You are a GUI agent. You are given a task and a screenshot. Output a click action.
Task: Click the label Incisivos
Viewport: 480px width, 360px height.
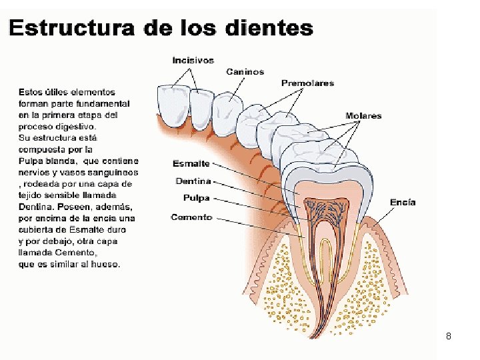(x=193, y=60)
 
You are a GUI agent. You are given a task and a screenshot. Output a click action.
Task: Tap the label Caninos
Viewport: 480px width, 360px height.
(x=245, y=71)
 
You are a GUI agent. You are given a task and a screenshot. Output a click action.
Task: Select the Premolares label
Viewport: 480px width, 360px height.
(x=307, y=83)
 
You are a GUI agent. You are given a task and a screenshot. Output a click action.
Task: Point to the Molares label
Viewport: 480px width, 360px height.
(x=363, y=115)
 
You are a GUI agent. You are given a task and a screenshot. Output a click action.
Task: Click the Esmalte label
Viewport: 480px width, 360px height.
(x=191, y=163)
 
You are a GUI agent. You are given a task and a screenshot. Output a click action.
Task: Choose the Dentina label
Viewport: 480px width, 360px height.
(x=193, y=181)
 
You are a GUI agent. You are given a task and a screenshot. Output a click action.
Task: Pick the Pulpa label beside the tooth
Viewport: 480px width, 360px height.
(x=196, y=198)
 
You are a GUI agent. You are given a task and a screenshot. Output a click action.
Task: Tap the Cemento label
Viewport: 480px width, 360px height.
(x=191, y=217)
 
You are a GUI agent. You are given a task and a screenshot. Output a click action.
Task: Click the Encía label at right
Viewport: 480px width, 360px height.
(x=403, y=202)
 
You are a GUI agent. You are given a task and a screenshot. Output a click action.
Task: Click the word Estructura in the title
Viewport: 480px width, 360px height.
(x=63, y=29)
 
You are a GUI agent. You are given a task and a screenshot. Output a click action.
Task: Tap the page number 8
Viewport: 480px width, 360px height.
(x=449, y=337)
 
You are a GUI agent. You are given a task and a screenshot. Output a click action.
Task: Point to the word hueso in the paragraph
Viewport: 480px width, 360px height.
(x=106, y=264)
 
